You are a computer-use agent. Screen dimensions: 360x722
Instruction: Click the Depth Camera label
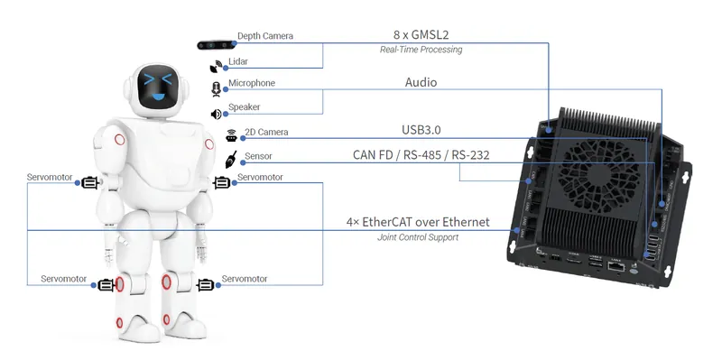[x=264, y=36]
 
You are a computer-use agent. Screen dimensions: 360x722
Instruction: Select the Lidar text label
[x=238, y=63]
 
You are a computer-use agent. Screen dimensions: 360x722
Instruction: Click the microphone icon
[x=216, y=88]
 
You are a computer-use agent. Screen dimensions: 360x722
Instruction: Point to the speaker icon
[x=216, y=114]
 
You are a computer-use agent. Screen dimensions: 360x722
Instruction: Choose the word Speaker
[x=244, y=106]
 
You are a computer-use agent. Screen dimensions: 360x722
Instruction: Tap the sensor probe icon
[x=230, y=162]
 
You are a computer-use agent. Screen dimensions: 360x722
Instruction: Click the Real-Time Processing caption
[x=421, y=50]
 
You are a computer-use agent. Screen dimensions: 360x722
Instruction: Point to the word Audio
[x=421, y=82]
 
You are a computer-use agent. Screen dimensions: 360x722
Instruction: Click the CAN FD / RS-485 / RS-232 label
[x=421, y=154]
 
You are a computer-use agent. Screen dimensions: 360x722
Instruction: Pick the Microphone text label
[x=252, y=83]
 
